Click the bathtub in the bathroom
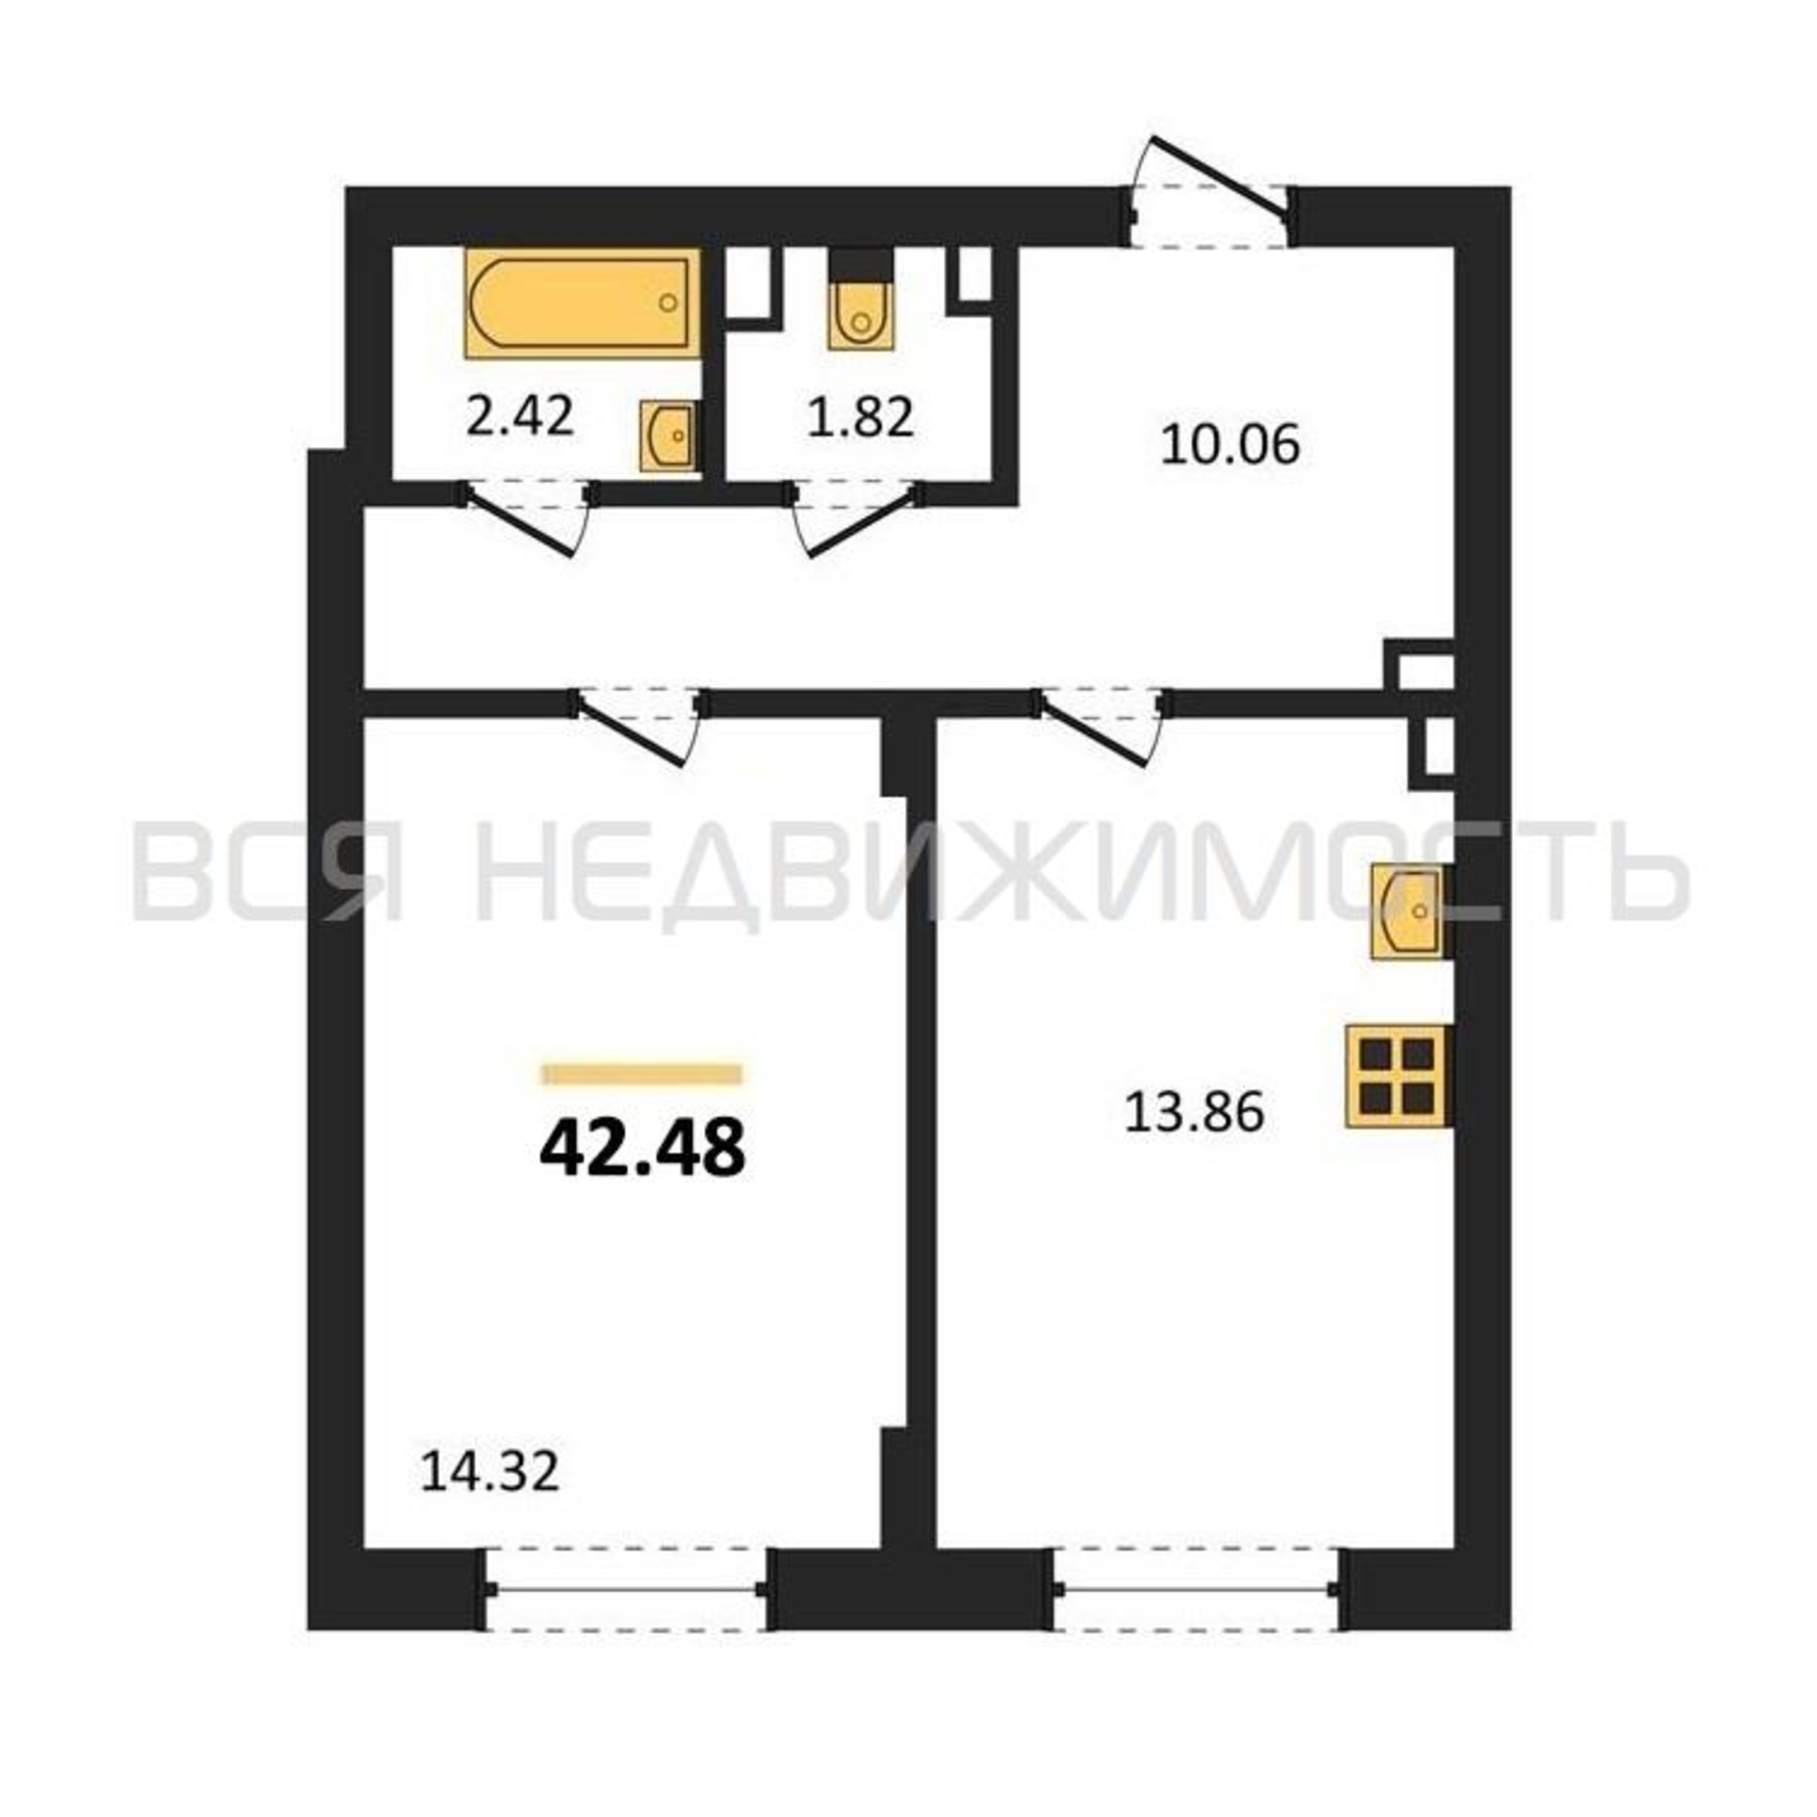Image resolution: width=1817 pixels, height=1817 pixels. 582,303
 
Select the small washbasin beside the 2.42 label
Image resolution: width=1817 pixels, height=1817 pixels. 669,435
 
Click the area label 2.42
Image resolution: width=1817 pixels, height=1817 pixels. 520,417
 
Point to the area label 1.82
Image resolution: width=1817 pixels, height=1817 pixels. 860,417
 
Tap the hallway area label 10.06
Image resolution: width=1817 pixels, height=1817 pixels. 1230,444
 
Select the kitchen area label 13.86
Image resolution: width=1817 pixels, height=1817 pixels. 1195,1115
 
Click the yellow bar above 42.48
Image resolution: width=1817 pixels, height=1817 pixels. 642,1074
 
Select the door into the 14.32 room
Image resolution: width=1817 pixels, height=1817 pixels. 639,726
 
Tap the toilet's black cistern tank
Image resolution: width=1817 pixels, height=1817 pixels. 859,263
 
